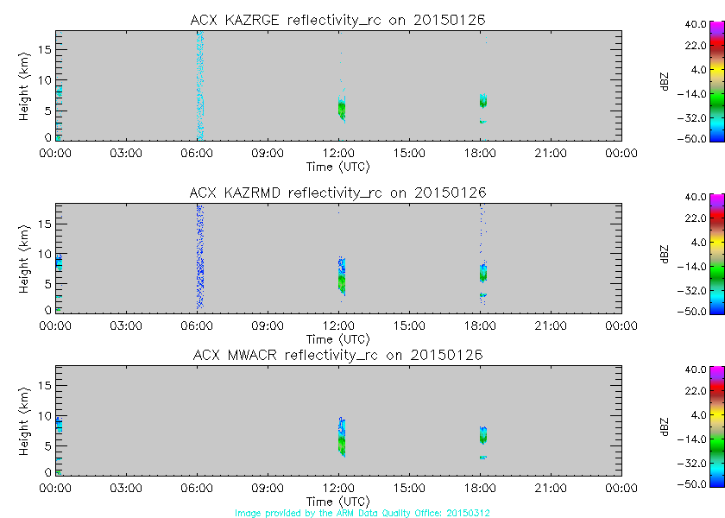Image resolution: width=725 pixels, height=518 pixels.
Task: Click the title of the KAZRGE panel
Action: click(338, 20)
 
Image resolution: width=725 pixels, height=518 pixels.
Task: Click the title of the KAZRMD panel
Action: click(338, 193)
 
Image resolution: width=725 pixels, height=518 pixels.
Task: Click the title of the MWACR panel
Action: click(338, 355)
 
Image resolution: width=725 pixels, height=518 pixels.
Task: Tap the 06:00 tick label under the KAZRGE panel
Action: click(198, 153)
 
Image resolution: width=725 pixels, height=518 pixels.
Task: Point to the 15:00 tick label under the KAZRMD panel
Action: click(409, 325)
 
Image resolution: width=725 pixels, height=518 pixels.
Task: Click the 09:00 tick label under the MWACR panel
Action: click(268, 489)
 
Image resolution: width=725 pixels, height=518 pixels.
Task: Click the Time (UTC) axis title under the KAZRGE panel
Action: click(338, 166)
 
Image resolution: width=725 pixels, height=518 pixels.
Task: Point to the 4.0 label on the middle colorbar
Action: click(697, 242)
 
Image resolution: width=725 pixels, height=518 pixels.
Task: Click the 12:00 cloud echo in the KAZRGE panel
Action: click(342, 109)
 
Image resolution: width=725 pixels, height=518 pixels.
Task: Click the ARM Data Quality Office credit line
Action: click(363, 512)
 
